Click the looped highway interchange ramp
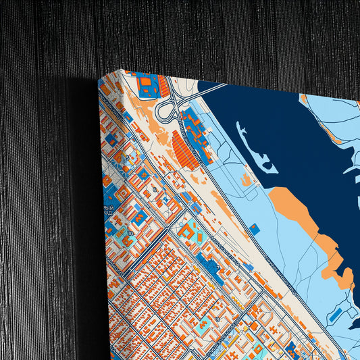pos(166,109)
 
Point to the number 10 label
pos(130,232)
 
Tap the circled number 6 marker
pos(155,190)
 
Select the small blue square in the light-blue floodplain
pos(254,228)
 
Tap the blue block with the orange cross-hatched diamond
pos(143,174)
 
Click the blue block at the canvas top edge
pos(147,84)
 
